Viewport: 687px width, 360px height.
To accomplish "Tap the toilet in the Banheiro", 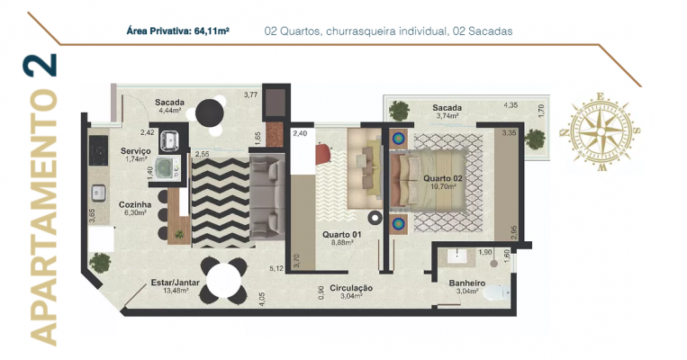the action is (497, 292).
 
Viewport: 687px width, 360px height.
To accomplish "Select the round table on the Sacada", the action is (210, 113).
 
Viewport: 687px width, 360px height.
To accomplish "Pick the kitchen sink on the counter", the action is (98, 193).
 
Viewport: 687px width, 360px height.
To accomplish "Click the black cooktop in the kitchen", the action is (98, 150).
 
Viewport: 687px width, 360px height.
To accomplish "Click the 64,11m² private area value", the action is (212, 31).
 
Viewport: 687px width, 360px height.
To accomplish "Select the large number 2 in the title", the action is (40, 65).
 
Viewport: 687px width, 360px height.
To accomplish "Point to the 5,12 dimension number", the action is (276, 268).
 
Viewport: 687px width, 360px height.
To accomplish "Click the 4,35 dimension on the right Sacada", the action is (511, 105).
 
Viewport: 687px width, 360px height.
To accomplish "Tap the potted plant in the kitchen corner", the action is (100, 263).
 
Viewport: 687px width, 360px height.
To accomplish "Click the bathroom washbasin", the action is (457, 256).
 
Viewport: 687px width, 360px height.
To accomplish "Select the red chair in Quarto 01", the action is (323, 154).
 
